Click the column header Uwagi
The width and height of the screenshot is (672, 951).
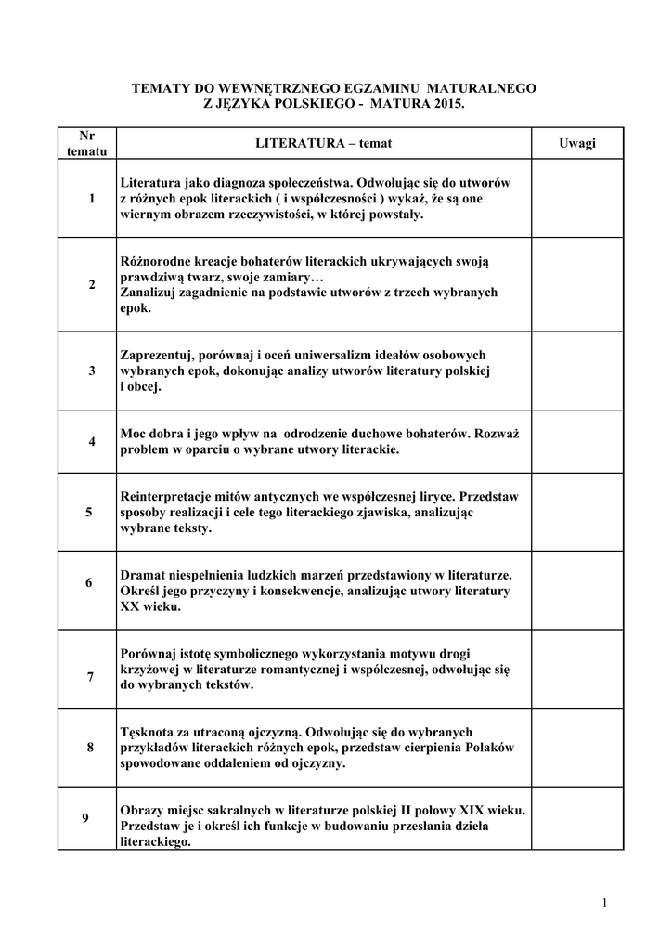point(576,143)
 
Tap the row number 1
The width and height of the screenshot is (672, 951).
point(92,199)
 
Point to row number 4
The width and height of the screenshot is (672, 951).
point(92,441)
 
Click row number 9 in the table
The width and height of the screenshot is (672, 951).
point(85,818)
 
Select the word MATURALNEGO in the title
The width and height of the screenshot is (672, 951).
point(481,87)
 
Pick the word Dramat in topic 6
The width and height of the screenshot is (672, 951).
point(142,575)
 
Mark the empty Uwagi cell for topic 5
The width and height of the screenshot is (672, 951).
point(576,512)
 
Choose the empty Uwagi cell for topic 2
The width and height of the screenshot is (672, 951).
point(576,284)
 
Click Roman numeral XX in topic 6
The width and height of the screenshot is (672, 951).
point(130,606)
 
